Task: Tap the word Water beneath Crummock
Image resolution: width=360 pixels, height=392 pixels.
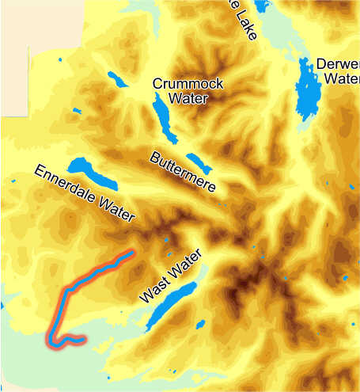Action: pos(188,98)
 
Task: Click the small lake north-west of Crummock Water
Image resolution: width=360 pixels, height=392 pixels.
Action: pos(117,79)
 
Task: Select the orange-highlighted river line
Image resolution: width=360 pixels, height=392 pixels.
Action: pos(60,305)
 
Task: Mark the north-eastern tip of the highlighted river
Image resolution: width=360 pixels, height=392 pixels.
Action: pos(131,253)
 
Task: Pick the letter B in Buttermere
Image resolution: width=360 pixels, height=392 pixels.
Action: pos(156,157)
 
